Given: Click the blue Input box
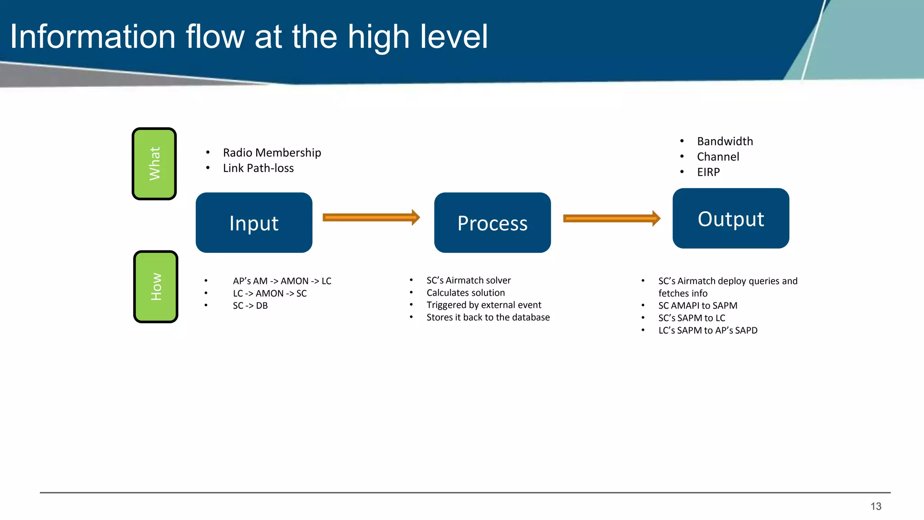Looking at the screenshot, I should click(254, 223).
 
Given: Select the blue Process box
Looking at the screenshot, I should click(492, 223).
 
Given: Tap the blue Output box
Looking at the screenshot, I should click(730, 218).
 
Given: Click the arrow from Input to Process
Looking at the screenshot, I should click(371, 218).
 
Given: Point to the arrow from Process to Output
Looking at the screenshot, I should click(611, 218).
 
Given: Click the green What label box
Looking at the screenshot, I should click(154, 164).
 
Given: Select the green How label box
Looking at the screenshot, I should click(156, 287).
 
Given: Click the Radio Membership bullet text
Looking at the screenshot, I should click(272, 153).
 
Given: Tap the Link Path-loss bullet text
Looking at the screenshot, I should click(258, 168).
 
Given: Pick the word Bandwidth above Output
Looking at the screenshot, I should click(725, 141).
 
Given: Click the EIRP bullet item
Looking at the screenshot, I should click(708, 172).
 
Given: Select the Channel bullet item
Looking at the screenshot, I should click(718, 157).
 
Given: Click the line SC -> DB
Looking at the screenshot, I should click(250, 306).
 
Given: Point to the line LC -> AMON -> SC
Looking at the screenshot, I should click(269, 293).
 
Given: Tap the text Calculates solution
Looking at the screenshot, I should click(466, 293).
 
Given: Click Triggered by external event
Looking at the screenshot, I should click(484, 305).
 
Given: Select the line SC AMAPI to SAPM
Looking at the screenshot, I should click(698, 306).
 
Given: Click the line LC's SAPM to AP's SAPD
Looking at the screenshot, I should click(707, 330).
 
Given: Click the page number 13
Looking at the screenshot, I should click(876, 506).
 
